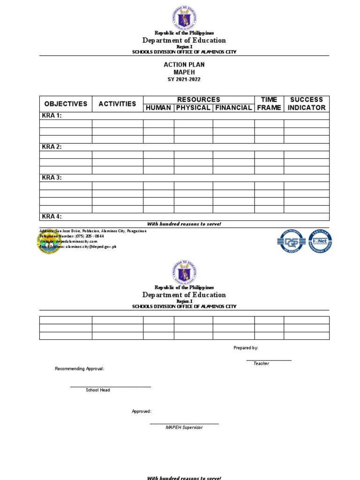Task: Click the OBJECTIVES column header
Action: click(66, 104)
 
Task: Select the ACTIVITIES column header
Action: click(117, 104)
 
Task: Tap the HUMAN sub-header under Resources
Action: click(158, 108)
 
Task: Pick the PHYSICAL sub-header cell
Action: click(193, 108)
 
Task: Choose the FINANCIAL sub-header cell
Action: click(233, 108)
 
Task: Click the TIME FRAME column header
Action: click(269, 104)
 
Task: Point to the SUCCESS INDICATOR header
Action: click(307, 104)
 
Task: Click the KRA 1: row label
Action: click(52, 116)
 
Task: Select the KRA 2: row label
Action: click(52, 147)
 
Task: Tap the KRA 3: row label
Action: click(52, 178)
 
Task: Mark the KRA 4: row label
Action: click(52, 217)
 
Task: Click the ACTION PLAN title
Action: click(184, 65)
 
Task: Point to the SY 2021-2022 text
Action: click(184, 80)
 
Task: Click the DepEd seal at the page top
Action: click(184, 17)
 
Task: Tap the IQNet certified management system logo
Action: click(320, 241)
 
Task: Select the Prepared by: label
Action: click(246, 348)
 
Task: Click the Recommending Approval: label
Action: click(80, 369)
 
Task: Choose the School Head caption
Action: click(98, 390)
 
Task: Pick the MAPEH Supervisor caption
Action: click(184, 427)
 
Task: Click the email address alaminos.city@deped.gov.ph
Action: click(91, 247)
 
